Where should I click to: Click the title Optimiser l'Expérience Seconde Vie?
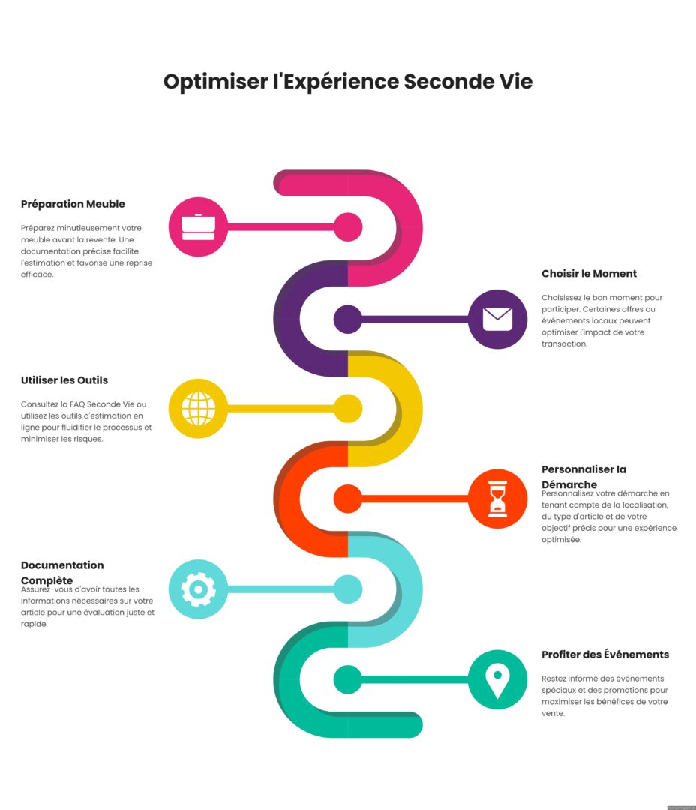click(348, 82)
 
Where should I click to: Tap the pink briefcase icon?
click(199, 226)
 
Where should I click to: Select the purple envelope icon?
click(497, 319)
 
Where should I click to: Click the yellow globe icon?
click(199, 408)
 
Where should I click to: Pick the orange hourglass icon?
click(497, 499)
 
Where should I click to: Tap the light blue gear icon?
click(199, 589)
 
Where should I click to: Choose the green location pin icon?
click(497, 679)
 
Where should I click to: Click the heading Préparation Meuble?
click(73, 204)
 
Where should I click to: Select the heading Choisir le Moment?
click(589, 273)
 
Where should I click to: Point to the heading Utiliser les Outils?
click(64, 380)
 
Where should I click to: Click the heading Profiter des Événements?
click(605, 655)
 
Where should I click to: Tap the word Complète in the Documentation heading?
click(46, 580)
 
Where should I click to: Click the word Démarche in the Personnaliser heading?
click(569, 484)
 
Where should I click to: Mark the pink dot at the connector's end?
click(348, 226)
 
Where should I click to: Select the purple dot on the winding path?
click(348, 319)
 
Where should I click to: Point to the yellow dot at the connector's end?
click(348, 408)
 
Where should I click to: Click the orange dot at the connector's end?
click(348, 499)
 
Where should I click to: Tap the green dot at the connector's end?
click(348, 679)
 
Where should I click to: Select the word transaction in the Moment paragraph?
click(564, 343)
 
